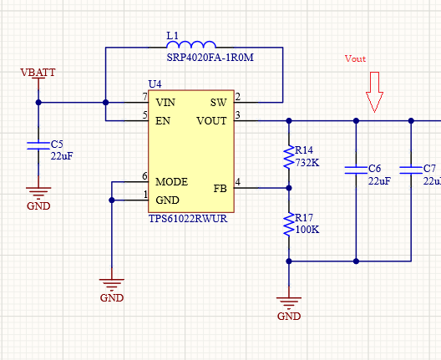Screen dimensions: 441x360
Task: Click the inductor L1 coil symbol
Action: (x=191, y=44)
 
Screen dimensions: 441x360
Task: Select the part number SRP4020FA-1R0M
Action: (x=210, y=58)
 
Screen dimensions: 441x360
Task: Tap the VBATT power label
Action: (x=38, y=73)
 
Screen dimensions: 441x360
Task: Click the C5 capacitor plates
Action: (x=38, y=145)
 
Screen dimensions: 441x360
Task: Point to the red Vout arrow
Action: (x=374, y=92)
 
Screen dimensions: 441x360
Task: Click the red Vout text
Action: (x=355, y=58)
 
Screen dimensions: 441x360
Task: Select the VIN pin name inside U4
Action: (x=165, y=103)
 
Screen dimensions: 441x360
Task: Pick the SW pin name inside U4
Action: (x=219, y=103)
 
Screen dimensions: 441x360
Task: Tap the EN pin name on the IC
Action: (x=163, y=121)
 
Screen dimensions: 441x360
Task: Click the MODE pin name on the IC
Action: (x=171, y=182)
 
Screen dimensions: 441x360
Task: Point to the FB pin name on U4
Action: (x=220, y=189)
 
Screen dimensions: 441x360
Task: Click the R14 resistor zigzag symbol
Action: (x=289, y=157)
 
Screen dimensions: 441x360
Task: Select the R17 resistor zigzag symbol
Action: (x=289, y=225)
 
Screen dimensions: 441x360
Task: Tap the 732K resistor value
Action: (x=307, y=163)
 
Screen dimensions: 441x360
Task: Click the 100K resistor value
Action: (x=307, y=230)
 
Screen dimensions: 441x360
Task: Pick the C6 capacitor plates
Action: (x=356, y=170)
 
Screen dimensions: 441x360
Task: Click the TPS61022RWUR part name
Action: (x=188, y=219)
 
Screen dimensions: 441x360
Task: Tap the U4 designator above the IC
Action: (x=155, y=84)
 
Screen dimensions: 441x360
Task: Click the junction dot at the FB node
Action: (x=289, y=188)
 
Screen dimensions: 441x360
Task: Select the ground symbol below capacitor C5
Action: (x=38, y=193)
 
